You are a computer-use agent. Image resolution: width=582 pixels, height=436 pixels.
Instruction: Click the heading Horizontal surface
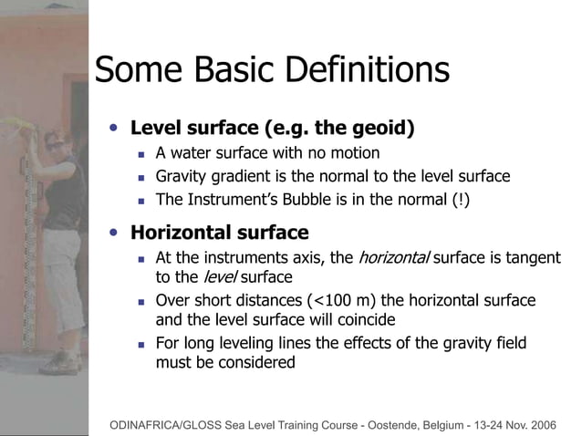tap(219, 233)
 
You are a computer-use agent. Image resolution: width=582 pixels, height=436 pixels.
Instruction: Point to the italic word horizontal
tap(393, 258)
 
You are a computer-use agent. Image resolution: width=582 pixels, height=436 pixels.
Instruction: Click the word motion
tap(355, 152)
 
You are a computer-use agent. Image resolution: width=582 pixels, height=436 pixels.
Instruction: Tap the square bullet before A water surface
tap(141, 153)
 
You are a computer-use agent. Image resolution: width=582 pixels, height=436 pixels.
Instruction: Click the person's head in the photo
tap(55, 141)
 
